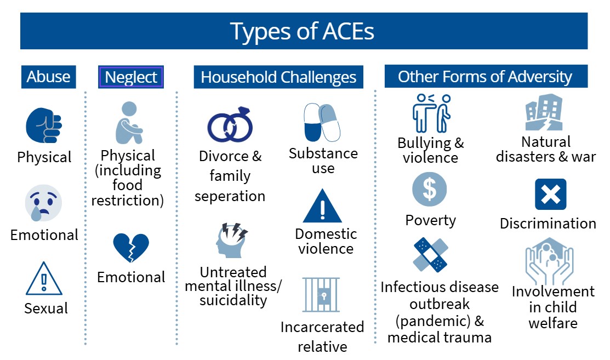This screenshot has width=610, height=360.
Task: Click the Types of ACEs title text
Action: point(302,31)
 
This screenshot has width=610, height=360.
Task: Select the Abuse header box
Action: point(49,77)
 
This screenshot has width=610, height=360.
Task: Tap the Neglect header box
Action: point(130,77)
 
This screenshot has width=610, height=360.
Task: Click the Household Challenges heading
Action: point(278,77)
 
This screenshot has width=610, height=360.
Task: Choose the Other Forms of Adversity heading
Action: point(486,76)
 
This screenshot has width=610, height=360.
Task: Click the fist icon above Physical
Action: point(44,125)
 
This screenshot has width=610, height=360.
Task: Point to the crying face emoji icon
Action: point(43,203)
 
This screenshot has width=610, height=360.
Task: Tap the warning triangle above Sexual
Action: point(44,279)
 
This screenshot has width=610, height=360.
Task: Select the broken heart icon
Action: point(131,247)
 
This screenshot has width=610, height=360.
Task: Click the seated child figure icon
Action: point(129,123)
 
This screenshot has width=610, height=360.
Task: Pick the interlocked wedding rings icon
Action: point(230,124)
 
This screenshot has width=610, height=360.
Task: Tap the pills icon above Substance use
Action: point(322,122)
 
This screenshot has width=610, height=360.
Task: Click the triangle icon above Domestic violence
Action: point(322,206)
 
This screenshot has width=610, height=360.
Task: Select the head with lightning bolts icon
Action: point(232,240)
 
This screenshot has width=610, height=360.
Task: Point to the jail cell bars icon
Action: point(321,295)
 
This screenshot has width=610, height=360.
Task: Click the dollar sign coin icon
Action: point(430,190)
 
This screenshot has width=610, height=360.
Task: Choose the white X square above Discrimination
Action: point(550,194)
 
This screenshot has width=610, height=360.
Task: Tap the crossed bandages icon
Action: point(431,255)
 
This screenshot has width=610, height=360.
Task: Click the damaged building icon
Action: point(544,112)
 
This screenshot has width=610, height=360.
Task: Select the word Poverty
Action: point(430,220)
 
